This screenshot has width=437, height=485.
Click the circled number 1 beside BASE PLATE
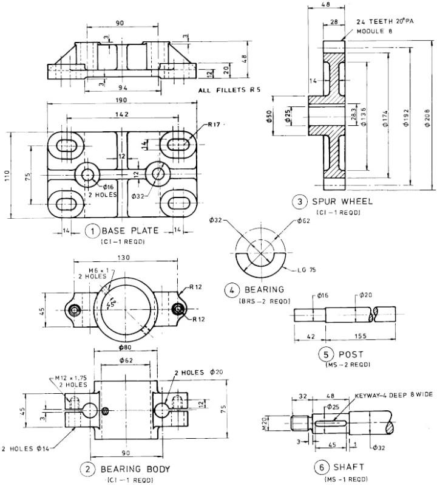pyautogui.click(x=92, y=230)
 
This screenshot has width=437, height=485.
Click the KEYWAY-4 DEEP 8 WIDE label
pyautogui.click(x=385, y=394)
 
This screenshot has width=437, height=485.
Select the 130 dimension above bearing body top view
pyautogui.click(x=125, y=258)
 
